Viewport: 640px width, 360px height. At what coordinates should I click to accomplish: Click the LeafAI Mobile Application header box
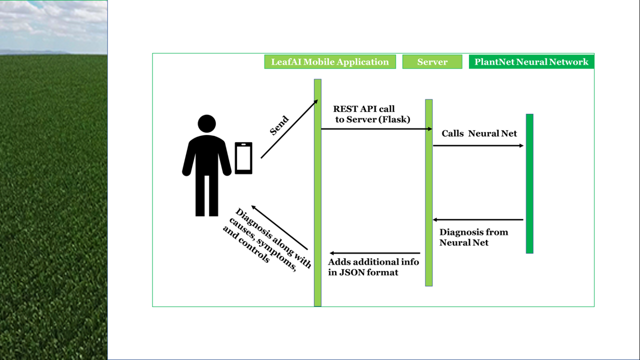tap(330, 62)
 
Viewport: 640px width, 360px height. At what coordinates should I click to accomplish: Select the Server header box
tap(432, 62)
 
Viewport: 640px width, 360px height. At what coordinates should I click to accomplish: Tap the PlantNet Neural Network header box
tap(531, 62)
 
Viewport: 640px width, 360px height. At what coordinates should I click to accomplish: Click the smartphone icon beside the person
tap(243, 158)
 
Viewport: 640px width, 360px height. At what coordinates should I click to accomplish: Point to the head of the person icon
tap(206, 123)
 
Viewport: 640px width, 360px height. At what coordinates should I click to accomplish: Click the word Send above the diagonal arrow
tap(279, 126)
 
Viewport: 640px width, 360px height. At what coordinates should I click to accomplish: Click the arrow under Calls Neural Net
tap(478, 145)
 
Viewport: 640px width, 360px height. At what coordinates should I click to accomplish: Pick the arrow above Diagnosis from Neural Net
tap(478, 219)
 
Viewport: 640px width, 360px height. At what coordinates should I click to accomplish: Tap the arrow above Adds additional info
tap(375, 253)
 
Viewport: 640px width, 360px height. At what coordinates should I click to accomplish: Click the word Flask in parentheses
tap(397, 119)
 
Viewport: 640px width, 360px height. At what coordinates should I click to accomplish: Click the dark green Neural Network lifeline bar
tap(529, 183)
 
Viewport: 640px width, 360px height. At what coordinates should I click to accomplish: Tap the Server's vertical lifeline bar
tap(428, 192)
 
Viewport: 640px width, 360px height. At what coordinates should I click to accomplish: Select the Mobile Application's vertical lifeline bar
tap(317, 192)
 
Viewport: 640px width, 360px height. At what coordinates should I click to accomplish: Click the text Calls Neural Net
tap(479, 133)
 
